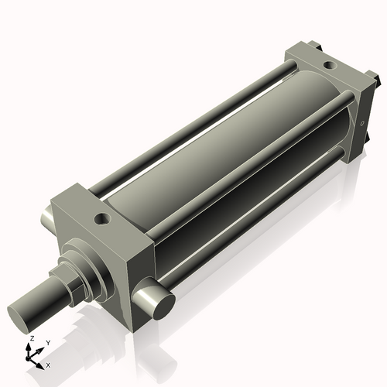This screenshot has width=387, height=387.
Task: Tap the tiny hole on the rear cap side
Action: (x=361, y=124)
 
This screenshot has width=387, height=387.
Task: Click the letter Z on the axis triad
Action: (x=31, y=340)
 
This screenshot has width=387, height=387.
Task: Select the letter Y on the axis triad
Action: (x=47, y=343)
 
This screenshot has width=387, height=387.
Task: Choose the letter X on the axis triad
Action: (x=48, y=364)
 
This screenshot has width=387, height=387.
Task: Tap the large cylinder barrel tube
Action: (x=224, y=147)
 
